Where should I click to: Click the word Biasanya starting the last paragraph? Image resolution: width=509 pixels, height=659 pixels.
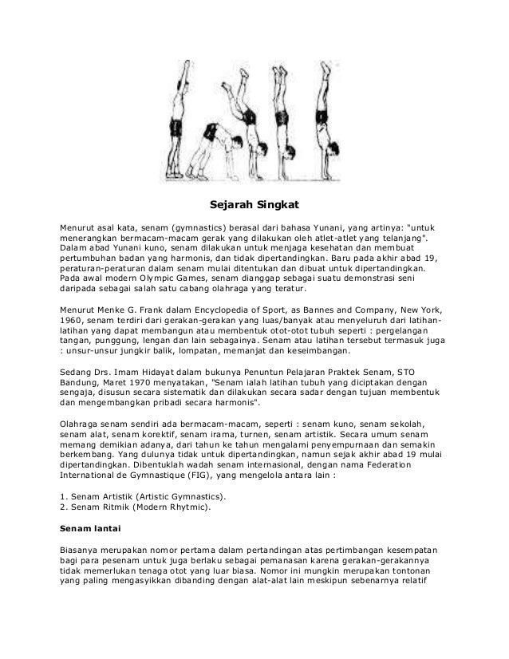tap(85, 550)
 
